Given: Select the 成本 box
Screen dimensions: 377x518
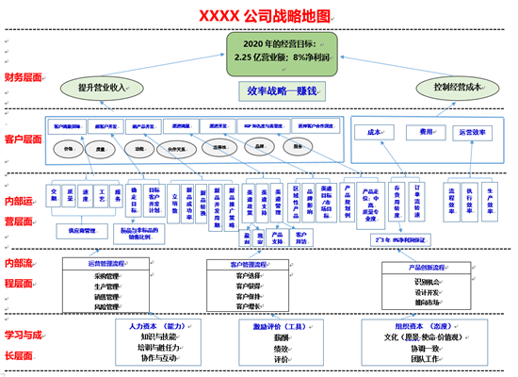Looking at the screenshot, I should click(x=374, y=133).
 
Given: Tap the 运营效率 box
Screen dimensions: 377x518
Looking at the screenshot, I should click(x=472, y=133).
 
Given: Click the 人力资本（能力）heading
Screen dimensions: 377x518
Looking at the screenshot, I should click(x=155, y=326).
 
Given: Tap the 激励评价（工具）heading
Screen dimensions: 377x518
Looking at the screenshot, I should click(x=280, y=326).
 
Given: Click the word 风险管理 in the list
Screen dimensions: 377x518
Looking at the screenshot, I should click(x=106, y=307).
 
